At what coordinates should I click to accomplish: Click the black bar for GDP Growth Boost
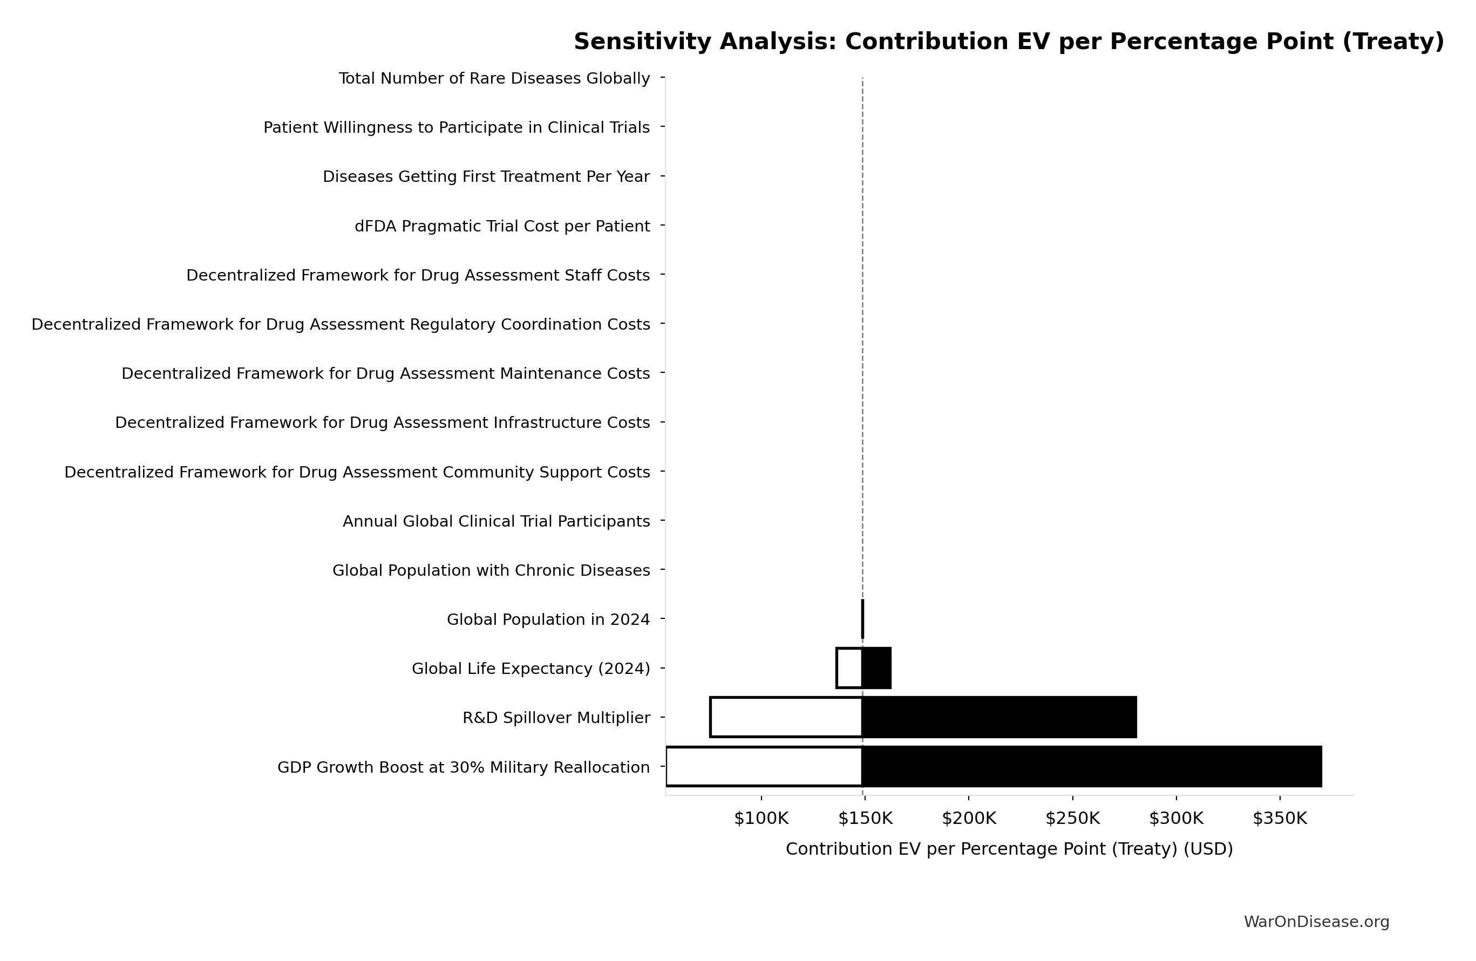1092,766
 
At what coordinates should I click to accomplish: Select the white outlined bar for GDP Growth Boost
764,766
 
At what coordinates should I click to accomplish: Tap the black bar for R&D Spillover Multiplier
998,717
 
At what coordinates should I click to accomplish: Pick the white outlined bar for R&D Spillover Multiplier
786,717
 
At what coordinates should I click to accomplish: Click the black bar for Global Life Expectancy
876,668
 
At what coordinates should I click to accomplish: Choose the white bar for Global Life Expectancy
849,668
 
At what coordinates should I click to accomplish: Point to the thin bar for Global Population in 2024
862,619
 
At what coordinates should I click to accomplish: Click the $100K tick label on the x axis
761,819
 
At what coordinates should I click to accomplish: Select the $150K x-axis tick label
865,819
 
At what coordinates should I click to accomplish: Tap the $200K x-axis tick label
969,819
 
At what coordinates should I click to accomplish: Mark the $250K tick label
1072,819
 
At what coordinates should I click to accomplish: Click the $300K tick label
1176,819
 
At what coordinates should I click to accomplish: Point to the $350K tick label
1280,819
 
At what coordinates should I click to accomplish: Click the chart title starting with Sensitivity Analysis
1009,42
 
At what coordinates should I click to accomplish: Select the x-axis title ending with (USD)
1009,849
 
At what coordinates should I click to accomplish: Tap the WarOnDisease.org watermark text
1316,922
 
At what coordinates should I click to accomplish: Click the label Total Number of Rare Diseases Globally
494,79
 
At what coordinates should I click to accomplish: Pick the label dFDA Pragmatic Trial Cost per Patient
502,226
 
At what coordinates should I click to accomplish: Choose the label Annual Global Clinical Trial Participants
496,521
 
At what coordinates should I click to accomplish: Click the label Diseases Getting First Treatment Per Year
486,176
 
